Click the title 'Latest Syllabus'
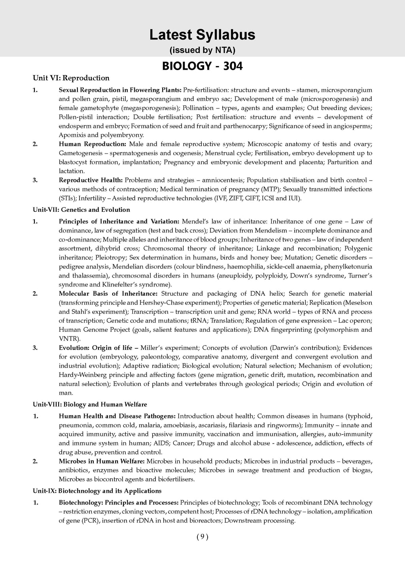pos(202,35)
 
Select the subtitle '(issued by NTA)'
pos(202,50)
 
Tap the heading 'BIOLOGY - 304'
pos(202,66)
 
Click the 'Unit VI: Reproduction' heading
pos(71,78)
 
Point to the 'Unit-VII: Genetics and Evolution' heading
pos(81,210)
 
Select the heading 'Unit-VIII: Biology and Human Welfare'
pos(90,405)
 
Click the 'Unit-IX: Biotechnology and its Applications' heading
pos(97,491)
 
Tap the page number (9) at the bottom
pos(202,537)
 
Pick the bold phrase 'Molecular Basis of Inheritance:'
pos(108,294)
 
